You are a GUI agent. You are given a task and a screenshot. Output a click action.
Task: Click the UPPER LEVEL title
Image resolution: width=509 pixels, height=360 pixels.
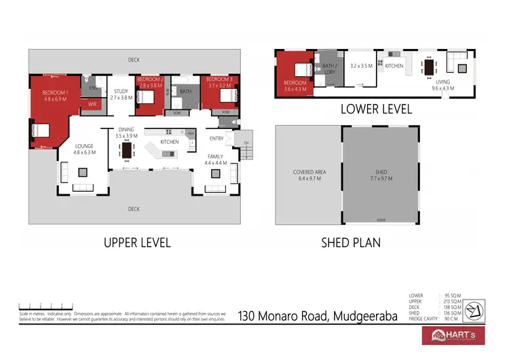tap(137, 242)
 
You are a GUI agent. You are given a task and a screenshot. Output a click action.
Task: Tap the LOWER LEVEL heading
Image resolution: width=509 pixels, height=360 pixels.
tap(376, 109)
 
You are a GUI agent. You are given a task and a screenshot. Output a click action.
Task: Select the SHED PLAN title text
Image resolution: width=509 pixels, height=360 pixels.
tap(351, 242)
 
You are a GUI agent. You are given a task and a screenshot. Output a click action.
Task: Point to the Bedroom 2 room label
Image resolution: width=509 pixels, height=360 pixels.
tap(151, 83)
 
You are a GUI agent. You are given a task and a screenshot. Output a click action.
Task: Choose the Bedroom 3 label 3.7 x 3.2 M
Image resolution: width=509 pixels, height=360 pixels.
tap(221, 83)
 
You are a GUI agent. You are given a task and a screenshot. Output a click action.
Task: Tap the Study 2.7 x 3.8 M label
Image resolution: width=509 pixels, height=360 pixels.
tap(121, 94)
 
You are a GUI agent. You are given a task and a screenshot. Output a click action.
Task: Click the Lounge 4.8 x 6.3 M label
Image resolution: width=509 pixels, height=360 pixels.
tap(84, 149)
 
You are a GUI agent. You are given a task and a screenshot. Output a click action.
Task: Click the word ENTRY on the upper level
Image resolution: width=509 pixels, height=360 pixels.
tap(216, 139)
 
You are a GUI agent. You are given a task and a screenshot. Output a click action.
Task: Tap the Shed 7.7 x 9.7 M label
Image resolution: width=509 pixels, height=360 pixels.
tap(381, 175)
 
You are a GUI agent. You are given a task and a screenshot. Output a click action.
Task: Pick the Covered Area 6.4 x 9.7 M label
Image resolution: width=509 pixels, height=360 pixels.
tap(309, 175)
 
